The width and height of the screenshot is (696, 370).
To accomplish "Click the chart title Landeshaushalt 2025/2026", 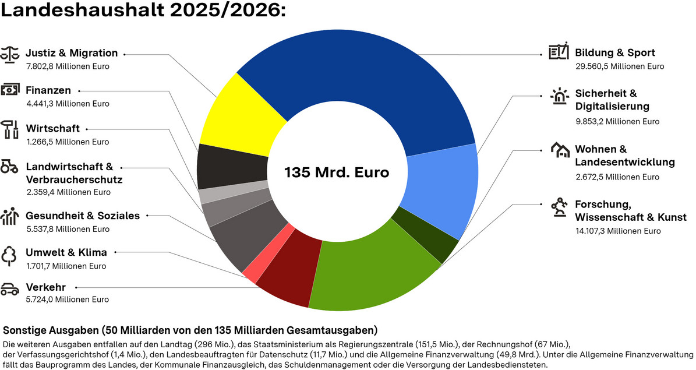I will pyautogui.click(x=143, y=12).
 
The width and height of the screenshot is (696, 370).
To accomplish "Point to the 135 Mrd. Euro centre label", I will pyautogui.click(x=337, y=172).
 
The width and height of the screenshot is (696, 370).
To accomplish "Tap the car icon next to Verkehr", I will pyautogui.click(x=10, y=289).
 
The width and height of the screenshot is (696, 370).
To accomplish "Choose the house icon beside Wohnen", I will pyautogui.click(x=560, y=150).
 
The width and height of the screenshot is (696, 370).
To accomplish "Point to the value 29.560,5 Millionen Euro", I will pyautogui.click(x=619, y=66).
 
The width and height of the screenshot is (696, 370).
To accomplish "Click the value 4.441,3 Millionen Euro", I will pyautogui.click(x=68, y=104).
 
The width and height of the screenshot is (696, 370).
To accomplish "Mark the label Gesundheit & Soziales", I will pyautogui.click(x=83, y=216).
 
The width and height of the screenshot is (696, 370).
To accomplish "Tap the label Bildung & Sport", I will pyautogui.click(x=614, y=52).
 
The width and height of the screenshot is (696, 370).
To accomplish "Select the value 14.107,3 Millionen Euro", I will pyautogui.click(x=618, y=231).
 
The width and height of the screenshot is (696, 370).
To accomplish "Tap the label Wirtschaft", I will pyautogui.click(x=53, y=128).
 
